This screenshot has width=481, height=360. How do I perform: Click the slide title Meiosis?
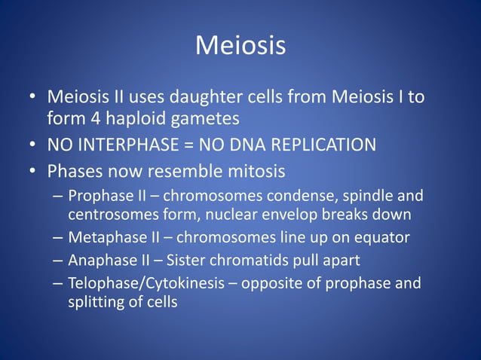pyautogui.click(x=240, y=46)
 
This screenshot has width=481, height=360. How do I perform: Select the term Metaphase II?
pyautogui.click(x=112, y=238)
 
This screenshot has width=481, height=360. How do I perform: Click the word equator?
pyautogui.click(x=381, y=238)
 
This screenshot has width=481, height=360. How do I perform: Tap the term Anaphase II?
pyautogui.click(x=107, y=261)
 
